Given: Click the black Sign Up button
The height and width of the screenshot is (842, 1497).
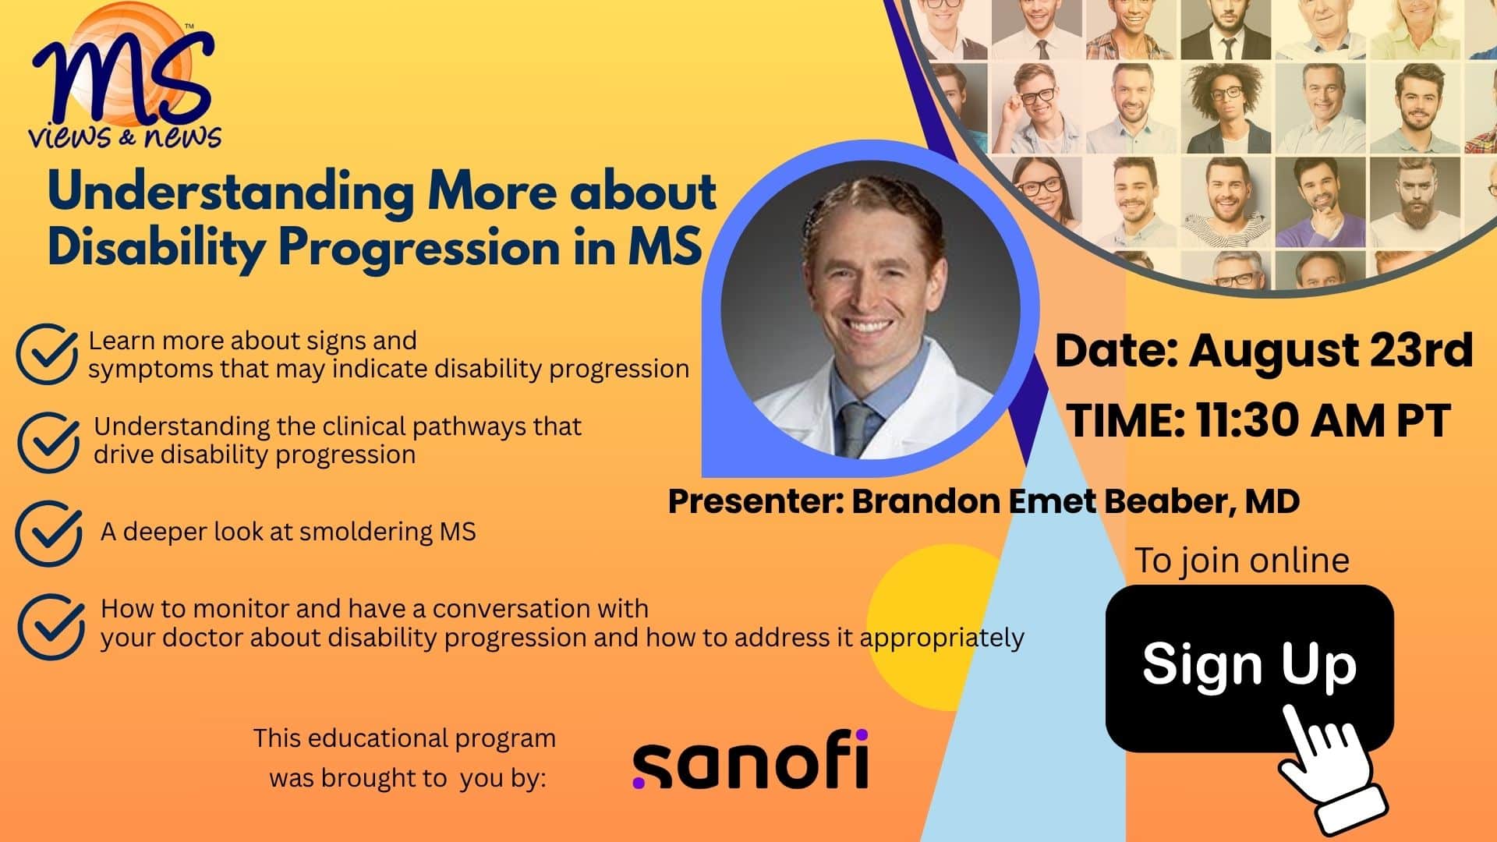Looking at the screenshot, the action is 1249,667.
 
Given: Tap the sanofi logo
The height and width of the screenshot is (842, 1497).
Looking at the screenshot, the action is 750,759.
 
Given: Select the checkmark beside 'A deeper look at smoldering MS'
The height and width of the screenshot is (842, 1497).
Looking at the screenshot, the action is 48,533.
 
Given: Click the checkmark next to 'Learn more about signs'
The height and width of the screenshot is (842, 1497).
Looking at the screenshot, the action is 47,354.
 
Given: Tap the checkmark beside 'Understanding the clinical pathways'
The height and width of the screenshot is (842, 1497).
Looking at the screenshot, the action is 48,441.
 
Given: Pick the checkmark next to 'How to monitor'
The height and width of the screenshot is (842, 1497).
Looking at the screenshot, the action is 51,627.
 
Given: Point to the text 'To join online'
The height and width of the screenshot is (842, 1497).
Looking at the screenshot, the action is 1241,561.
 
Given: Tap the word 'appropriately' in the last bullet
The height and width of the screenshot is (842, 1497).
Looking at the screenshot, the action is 942,639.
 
